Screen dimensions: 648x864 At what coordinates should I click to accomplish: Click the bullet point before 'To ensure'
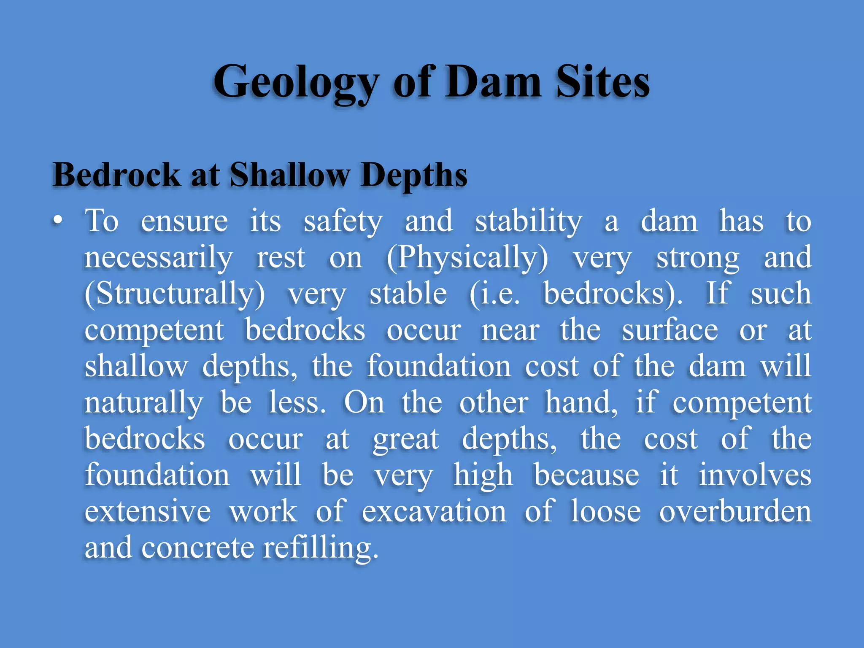point(58,220)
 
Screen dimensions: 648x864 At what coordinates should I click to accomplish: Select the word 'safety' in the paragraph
point(343,221)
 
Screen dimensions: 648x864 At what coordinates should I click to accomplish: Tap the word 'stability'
point(529,221)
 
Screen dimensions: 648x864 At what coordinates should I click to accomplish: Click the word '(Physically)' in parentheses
point(467,257)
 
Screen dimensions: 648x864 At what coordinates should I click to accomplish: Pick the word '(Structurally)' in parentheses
point(175,294)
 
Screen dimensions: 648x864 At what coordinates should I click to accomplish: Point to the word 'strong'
point(697,257)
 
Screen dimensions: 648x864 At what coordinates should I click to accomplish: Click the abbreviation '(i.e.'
point(494,294)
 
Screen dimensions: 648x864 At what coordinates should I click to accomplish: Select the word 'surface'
point(670,330)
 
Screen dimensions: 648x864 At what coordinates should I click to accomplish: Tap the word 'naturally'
point(144,402)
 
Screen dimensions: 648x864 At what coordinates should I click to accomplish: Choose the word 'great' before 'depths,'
point(405,439)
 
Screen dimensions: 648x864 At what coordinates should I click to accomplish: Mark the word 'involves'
point(755,475)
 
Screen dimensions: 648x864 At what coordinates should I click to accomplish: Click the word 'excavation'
point(434,511)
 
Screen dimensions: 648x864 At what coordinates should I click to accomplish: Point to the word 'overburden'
point(735,511)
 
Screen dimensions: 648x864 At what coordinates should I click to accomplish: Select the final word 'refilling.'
point(321,548)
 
